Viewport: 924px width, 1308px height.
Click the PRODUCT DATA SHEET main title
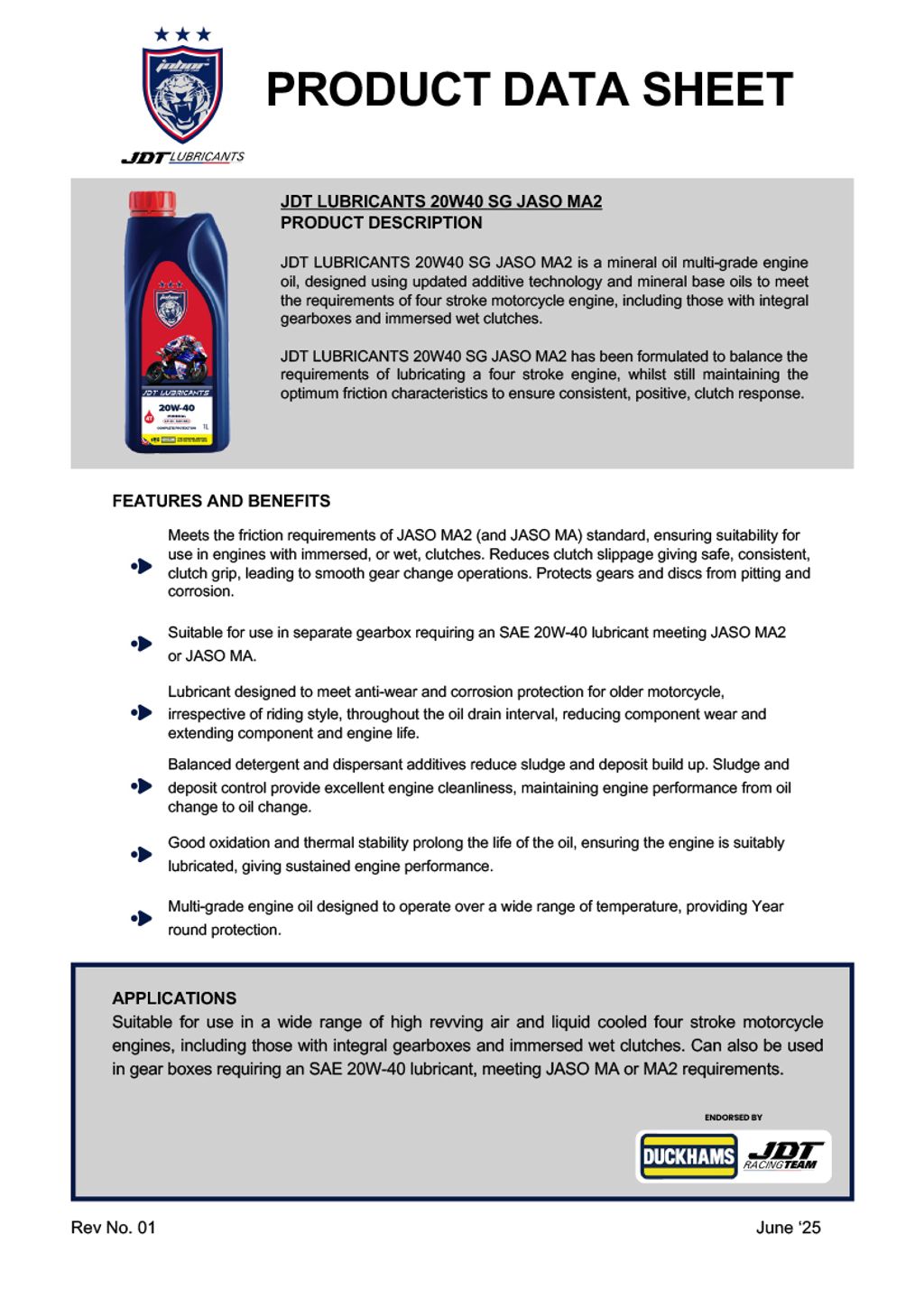[529, 90]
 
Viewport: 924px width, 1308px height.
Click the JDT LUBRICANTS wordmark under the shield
[183, 157]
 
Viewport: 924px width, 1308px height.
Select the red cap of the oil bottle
[152, 202]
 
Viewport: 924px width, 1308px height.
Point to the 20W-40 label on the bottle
[176, 408]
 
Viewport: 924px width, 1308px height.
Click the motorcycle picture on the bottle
[177, 361]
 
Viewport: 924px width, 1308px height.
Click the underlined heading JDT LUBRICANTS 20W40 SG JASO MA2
[440, 201]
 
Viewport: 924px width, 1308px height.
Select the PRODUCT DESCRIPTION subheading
[381, 223]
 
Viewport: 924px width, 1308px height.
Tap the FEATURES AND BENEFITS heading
[221, 501]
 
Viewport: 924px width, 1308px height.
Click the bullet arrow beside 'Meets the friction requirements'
[142, 566]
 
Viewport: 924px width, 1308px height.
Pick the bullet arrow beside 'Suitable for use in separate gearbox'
[142, 644]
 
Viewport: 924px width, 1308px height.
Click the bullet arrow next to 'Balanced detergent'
[142, 786]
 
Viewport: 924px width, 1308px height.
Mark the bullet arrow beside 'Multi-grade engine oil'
[142, 918]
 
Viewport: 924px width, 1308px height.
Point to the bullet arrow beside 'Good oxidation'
[142, 854]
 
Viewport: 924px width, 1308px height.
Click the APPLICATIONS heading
[174, 998]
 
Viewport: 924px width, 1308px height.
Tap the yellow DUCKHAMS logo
[688, 1156]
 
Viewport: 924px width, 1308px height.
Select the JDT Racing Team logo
[783, 1155]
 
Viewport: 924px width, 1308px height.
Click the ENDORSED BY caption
[733, 1118]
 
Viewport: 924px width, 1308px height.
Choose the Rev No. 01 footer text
[113, 1228]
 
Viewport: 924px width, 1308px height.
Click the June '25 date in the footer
[788, 1228]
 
